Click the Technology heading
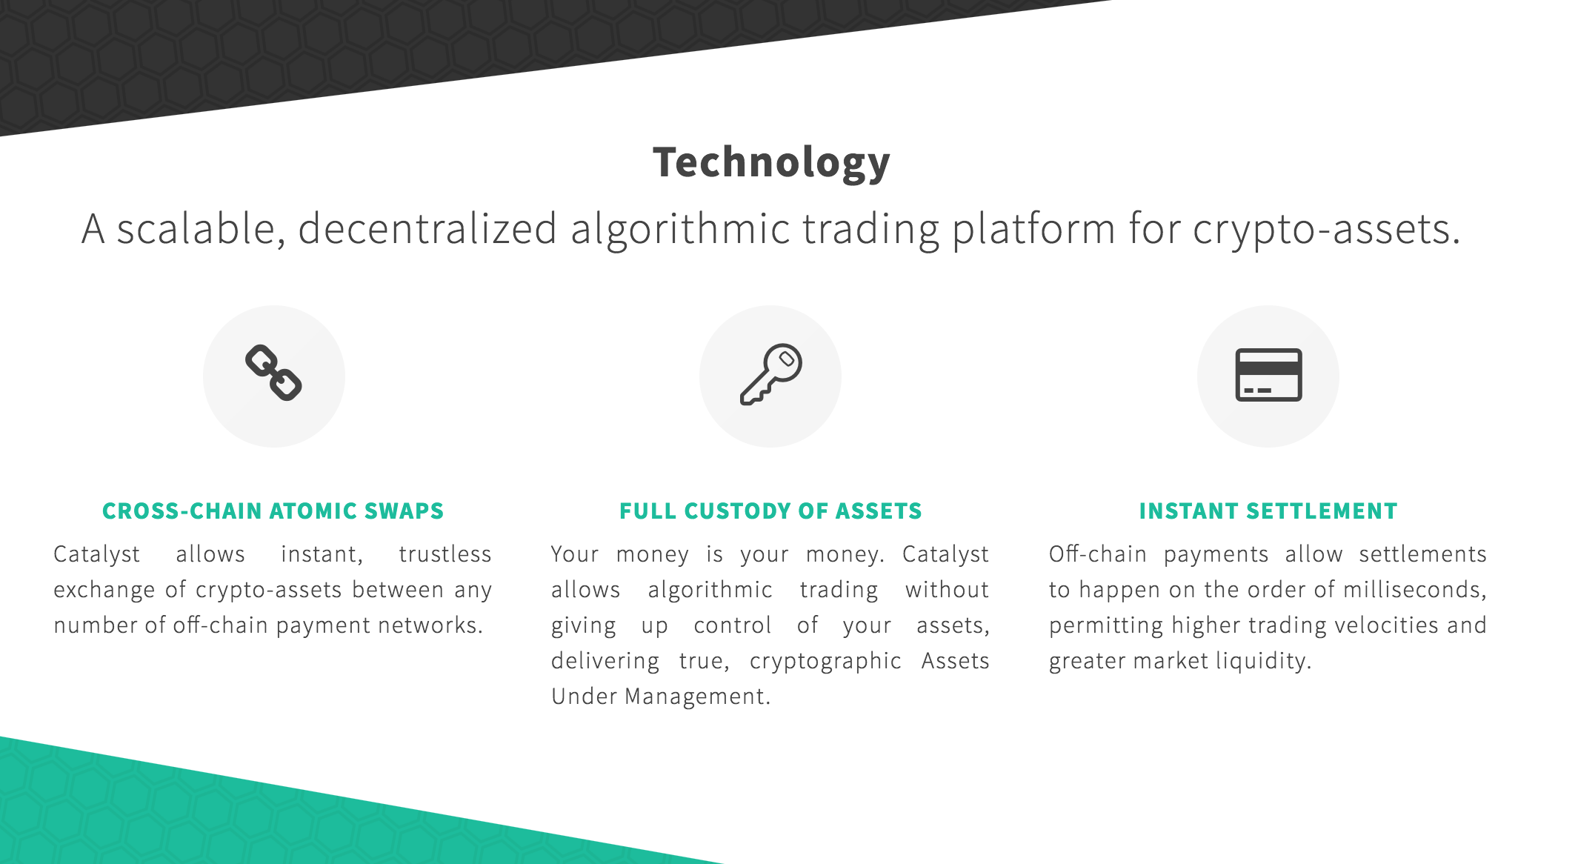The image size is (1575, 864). point(771,163)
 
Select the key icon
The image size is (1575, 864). point(771,374)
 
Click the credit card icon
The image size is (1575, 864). point(1268,375)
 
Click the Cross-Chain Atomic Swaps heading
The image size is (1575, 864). point(273,511)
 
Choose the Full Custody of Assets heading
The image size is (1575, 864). point(770,511)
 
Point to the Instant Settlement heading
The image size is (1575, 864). point(1268,511)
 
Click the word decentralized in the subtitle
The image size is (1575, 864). point(427,228)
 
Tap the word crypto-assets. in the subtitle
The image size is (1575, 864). point(1326,230)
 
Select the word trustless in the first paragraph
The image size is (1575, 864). point(445,554)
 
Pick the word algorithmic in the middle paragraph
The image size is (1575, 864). point(710,590)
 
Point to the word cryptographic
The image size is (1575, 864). point(825,661)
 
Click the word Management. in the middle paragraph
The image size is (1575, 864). point(698,697)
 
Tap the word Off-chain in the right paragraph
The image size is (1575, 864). point(1098,554)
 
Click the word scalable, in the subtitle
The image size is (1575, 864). point(201,228)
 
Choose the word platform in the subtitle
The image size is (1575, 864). point(1033,230)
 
